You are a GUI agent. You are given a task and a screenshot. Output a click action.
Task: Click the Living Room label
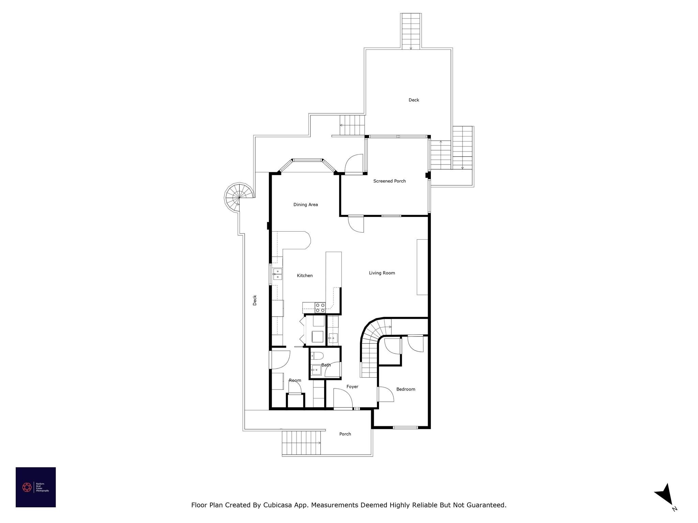click(x=382, y=273)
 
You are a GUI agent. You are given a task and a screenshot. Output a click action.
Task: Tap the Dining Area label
click(x=305, y=205)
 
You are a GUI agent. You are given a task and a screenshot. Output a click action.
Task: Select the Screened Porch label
click(x=389, y=181)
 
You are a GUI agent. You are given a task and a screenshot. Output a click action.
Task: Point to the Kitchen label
click(x=304, y=275)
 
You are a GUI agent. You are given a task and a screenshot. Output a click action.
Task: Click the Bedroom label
click(x=405, y=389)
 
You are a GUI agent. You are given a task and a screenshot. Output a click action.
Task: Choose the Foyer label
click(x=352, y=386)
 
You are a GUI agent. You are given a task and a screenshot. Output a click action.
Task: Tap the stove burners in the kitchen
click(x=320, y=307)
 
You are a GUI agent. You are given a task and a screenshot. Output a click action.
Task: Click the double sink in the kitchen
click(x=277, y=274)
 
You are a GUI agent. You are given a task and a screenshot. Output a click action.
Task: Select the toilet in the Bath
click(x=317, y=356)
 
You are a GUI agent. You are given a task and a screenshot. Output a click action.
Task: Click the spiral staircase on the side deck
click(x=239, y=197)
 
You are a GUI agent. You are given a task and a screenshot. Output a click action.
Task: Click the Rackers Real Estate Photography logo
click(x=35, y=487)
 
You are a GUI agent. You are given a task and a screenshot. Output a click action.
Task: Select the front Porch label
click(x=345, y=434)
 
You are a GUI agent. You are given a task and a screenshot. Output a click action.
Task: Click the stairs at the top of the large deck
click(x=411, y=31)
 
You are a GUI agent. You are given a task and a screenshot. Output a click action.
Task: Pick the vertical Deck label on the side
click(x=255, y=300)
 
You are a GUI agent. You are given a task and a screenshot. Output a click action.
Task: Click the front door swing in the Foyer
click(x=343, y=398)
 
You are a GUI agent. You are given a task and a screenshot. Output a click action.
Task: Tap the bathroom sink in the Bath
click(x=316, y=369)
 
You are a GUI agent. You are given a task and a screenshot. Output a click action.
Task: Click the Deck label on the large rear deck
click(x=413, y=100)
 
